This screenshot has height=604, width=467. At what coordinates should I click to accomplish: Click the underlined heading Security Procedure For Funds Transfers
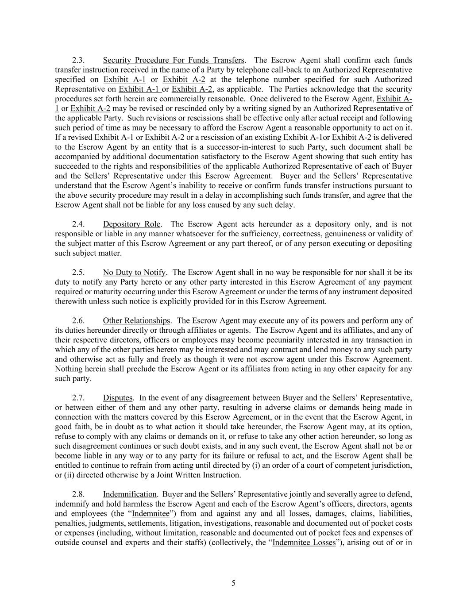point(173,60)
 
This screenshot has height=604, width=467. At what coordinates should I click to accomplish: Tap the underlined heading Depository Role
point(131,224)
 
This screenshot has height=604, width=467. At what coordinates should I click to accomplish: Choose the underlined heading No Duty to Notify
point(134,273)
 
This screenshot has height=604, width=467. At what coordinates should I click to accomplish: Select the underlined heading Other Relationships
point(136,321)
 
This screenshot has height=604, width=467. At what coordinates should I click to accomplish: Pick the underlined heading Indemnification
point(130,494)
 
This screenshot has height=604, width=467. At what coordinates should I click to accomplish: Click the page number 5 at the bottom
point(233,583)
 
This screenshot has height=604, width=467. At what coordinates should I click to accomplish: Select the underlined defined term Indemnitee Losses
point(304,542)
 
